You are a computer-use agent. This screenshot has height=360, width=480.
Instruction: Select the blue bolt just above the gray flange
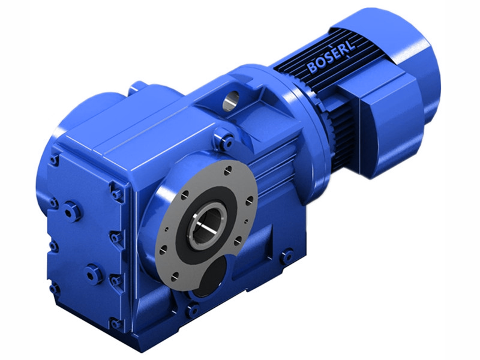[x=226, y=142]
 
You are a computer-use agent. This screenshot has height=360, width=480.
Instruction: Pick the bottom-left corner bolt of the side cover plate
[x=55, y=289]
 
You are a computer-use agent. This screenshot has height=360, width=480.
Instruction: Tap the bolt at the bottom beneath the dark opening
[x=193, y=310]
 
